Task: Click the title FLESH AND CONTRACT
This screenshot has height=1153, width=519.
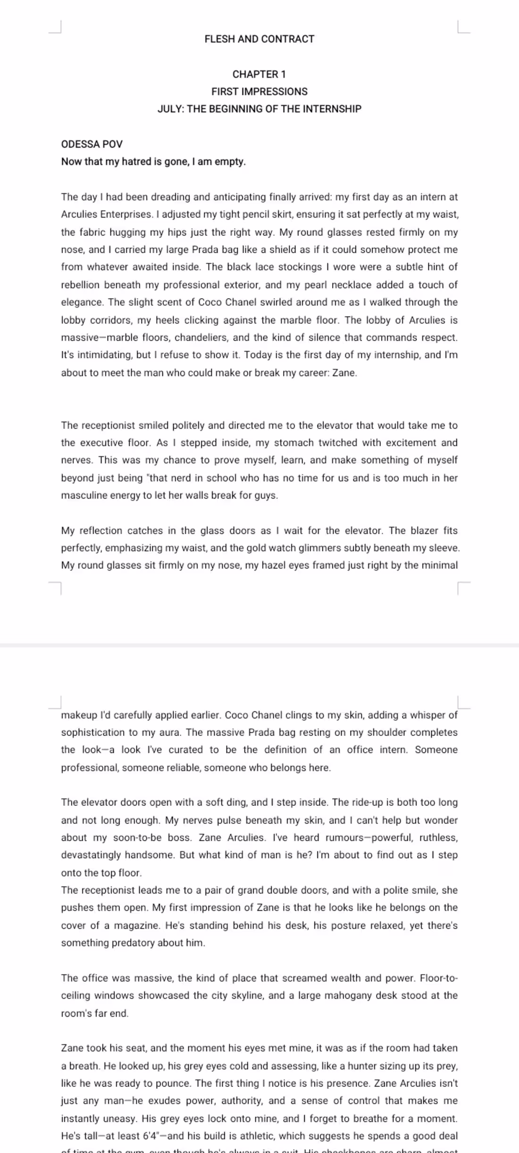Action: tap(259, 39)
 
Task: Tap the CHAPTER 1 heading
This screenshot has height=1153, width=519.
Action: tap(259, 74)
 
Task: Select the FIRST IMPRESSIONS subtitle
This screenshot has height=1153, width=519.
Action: tap(259, 92)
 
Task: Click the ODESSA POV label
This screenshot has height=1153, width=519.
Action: tap(92, 144)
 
